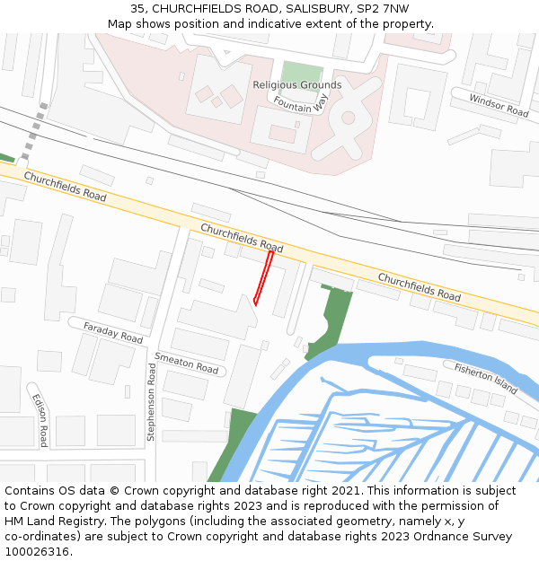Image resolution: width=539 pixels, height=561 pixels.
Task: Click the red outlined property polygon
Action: [263, 277]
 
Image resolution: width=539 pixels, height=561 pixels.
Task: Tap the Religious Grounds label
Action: [297, 85]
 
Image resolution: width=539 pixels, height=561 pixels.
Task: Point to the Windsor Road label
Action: [499, 105]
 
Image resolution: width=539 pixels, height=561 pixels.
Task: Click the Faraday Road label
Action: [112, 332]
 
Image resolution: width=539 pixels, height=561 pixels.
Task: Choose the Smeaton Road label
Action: [186, 363]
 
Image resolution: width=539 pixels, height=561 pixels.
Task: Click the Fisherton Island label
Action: [486, 378]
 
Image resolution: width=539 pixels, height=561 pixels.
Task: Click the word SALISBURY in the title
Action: [311, 9]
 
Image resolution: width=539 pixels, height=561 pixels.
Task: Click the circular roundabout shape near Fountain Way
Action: [348, 118]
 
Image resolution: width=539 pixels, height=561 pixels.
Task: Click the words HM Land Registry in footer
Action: [50, 522]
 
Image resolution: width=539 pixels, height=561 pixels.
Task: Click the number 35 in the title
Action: [137, 9]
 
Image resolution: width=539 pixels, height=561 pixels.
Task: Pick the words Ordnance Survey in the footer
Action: [469, 537]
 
